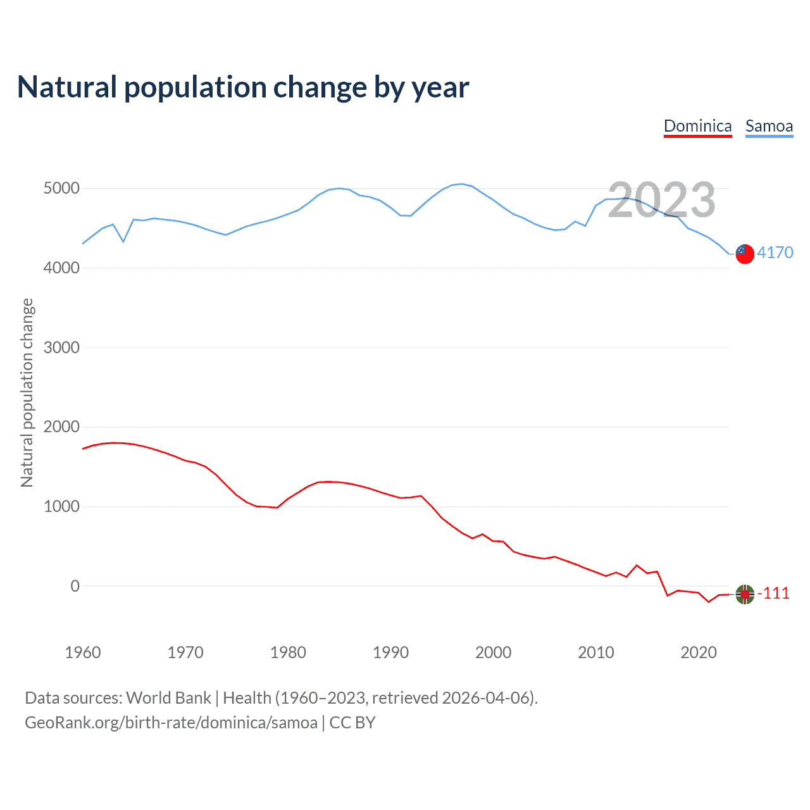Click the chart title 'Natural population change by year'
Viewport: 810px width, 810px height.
click(243, 87)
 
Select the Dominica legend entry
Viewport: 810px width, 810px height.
click(697, 126)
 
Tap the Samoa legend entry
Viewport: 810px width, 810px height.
click(769, 126)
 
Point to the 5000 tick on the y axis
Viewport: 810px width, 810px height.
click(61, 189)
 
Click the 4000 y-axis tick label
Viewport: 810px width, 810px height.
click(61, 268)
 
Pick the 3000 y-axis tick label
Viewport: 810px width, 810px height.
click(61, 347)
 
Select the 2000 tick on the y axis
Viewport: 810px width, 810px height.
click(61, 427)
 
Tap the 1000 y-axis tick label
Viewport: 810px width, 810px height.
click(61, 506)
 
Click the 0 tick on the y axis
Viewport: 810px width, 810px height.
click(75, 586)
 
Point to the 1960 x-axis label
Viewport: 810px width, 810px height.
click(83, 652)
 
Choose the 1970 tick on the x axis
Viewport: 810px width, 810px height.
click(185, 652)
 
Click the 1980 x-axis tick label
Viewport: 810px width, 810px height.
click(288, 652)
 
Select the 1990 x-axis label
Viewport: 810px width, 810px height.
click(390, 652)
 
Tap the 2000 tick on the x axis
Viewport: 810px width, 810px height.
click(493, 652)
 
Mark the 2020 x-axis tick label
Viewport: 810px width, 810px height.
click(699, 652)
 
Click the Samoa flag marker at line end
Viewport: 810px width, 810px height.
click(745, 253)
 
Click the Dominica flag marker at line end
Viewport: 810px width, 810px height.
click(745, 594)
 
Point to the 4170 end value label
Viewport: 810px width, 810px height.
click(775, 252)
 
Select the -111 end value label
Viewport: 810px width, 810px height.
click(774, 593)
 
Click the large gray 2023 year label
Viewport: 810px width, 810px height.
click(661, 200)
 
